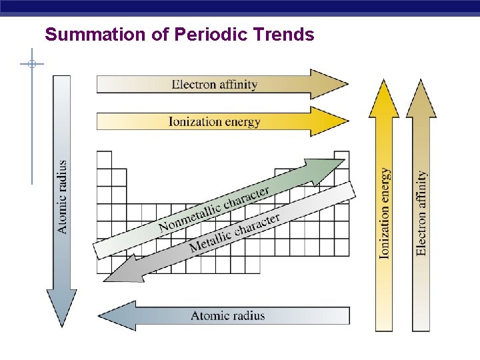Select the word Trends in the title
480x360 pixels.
289,34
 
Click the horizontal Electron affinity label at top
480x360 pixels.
215,85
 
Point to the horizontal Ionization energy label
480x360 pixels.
214,121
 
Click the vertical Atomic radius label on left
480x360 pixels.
62,197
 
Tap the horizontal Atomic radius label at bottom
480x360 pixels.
228,316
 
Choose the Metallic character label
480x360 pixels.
235,233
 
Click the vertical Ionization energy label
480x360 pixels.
385,213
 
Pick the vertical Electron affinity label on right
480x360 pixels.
421,213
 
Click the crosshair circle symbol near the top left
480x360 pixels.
31,64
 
